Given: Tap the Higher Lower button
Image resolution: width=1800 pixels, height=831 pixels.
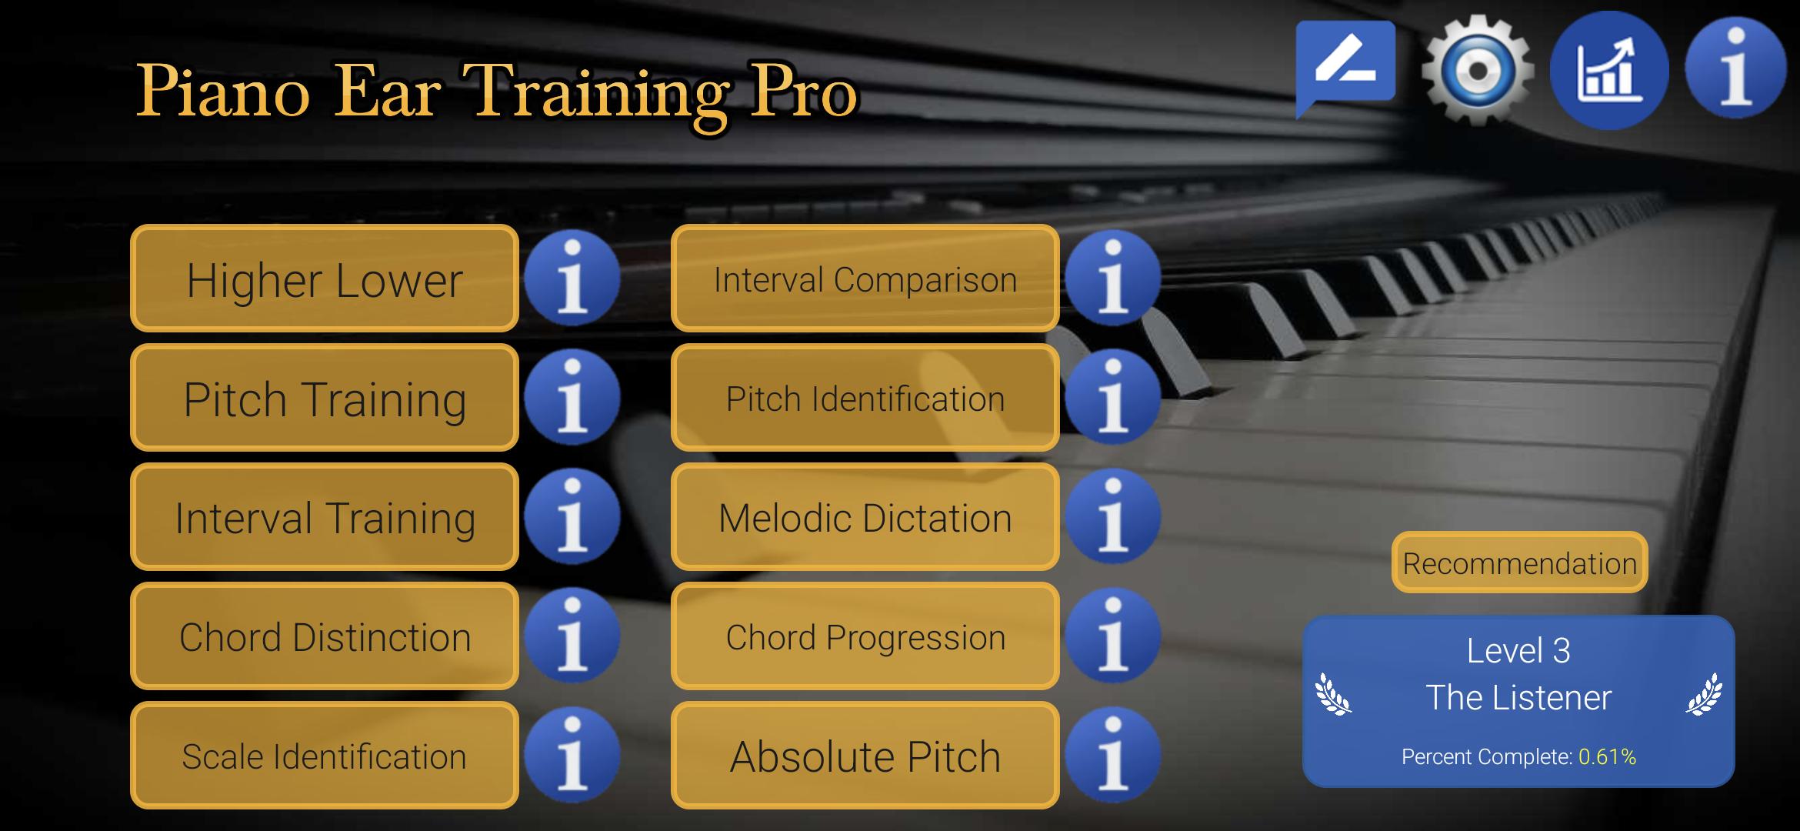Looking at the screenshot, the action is (x=325, y=279).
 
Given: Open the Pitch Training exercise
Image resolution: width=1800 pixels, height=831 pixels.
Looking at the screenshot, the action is (x=325, y=398).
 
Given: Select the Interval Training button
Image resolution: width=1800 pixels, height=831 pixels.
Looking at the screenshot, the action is (x=325, y=517).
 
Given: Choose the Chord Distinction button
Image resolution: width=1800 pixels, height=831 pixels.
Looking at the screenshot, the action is (x=325, y=636).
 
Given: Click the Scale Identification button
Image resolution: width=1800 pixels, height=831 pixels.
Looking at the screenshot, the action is (x=325, y=756).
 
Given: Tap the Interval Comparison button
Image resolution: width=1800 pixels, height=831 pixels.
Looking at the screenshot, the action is (x=865, y=279).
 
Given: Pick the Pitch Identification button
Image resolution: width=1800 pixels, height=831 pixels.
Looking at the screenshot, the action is (x=865, y=398).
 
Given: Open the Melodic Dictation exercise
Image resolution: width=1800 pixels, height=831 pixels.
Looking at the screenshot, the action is (x=865, y=517).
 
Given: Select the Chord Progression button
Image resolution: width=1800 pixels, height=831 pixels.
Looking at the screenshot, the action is (x=865, y=636).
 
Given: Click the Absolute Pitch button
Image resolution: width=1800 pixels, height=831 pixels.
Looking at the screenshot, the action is (x=865, y=756).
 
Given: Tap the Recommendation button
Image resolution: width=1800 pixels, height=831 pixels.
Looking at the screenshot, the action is (x=1519, y=562).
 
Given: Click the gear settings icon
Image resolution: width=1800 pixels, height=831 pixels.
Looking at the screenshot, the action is (x=1478, y=69).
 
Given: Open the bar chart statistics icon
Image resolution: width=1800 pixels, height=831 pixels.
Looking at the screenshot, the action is (x=1609, y=70).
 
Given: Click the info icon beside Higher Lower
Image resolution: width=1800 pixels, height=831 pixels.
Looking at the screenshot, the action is (x=572, y=278).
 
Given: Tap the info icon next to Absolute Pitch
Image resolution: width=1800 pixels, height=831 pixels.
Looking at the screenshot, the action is (x=1113, y=755).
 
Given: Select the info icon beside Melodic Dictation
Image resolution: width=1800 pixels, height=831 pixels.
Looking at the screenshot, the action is (x=1113, y=516).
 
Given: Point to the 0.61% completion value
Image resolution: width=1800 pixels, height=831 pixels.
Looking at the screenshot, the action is (x=1607, y=757).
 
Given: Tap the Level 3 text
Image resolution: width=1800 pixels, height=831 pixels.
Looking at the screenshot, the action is (x=1518, y=651).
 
